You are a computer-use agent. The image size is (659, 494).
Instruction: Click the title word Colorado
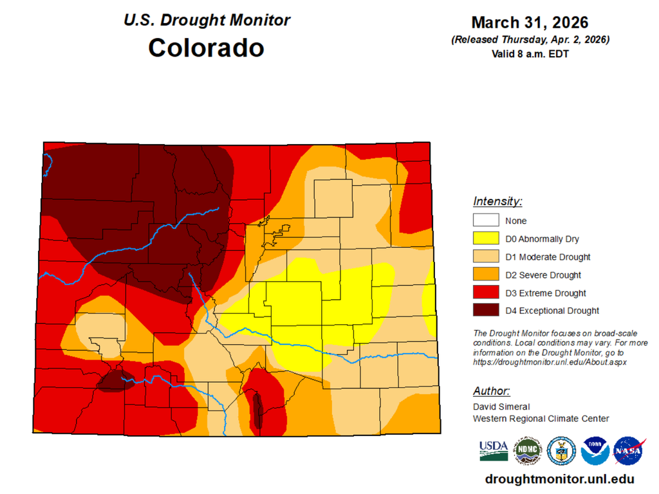206,48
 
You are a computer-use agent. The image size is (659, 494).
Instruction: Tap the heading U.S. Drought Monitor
206,20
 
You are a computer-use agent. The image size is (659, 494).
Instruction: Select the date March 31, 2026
529,23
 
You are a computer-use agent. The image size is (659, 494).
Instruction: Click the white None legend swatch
485,221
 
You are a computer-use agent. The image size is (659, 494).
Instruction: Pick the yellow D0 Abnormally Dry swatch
485,239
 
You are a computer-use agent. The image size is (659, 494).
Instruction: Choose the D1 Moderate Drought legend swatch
485,257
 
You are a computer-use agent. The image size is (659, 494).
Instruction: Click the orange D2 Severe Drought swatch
485,275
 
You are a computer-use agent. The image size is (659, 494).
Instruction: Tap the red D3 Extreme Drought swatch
485,293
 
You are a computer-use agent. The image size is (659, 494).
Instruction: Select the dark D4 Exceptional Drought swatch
485,311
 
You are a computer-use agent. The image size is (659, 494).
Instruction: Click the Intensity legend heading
497,201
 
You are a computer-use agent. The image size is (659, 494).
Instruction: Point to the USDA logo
493,451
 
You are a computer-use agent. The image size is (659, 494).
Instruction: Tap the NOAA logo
595,451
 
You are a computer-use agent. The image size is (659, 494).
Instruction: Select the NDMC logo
527,451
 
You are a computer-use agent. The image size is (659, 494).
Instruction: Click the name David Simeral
501,407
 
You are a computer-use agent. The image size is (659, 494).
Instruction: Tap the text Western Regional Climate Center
541,418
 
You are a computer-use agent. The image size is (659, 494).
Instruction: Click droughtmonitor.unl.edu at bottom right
559,479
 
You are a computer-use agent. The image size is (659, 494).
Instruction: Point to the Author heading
492,391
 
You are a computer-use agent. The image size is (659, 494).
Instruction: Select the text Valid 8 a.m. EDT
529,54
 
